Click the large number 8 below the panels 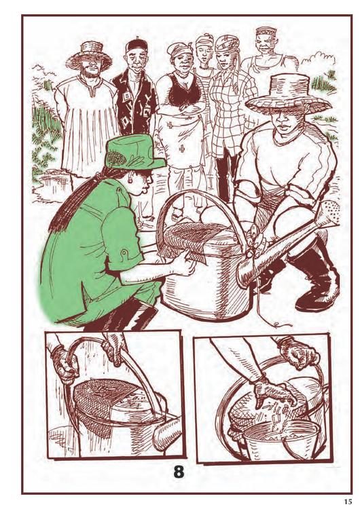pyautogui.click(x=179, y=472)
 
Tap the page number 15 pyautogui.click(x=348, y=502)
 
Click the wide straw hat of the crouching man pyautogui.click(x=287, y=94)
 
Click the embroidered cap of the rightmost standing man pyautogui.click(x=266, y=31)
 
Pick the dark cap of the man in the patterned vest pyautogui.click(x=137, y=45)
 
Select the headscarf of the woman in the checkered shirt pyautogui.click(x=227, y=43)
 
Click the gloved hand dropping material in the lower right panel pyautogui.click(x=275, y=392)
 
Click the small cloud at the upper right pyautogui.click(x=319, y=60)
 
